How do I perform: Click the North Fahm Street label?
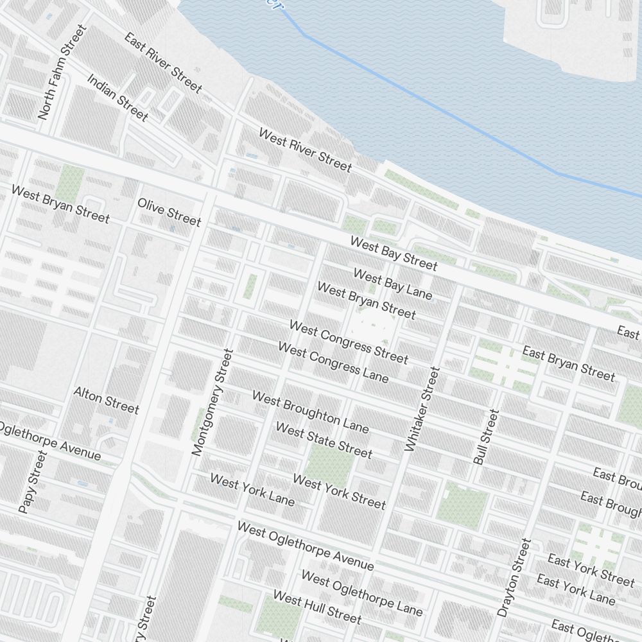point(62,72)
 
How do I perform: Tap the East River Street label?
point(163,62)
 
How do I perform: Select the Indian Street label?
point(117,98)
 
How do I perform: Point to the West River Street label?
point(305,150)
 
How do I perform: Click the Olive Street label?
point(169,212)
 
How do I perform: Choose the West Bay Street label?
point(394,253)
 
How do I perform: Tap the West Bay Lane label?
point(393,284)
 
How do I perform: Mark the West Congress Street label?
point(349,342)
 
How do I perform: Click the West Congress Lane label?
point(333,362)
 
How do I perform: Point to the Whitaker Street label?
point(422,408)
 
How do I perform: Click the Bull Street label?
point(486,437)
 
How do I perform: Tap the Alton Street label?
point(106,400)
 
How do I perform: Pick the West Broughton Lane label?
point(310,412)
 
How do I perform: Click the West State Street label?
point(324,440)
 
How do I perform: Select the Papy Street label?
point(33,481)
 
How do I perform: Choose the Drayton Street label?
point(515,577)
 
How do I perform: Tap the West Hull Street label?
point(317,607)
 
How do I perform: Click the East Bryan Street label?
point(568,363)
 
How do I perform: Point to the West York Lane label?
point(252,489)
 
